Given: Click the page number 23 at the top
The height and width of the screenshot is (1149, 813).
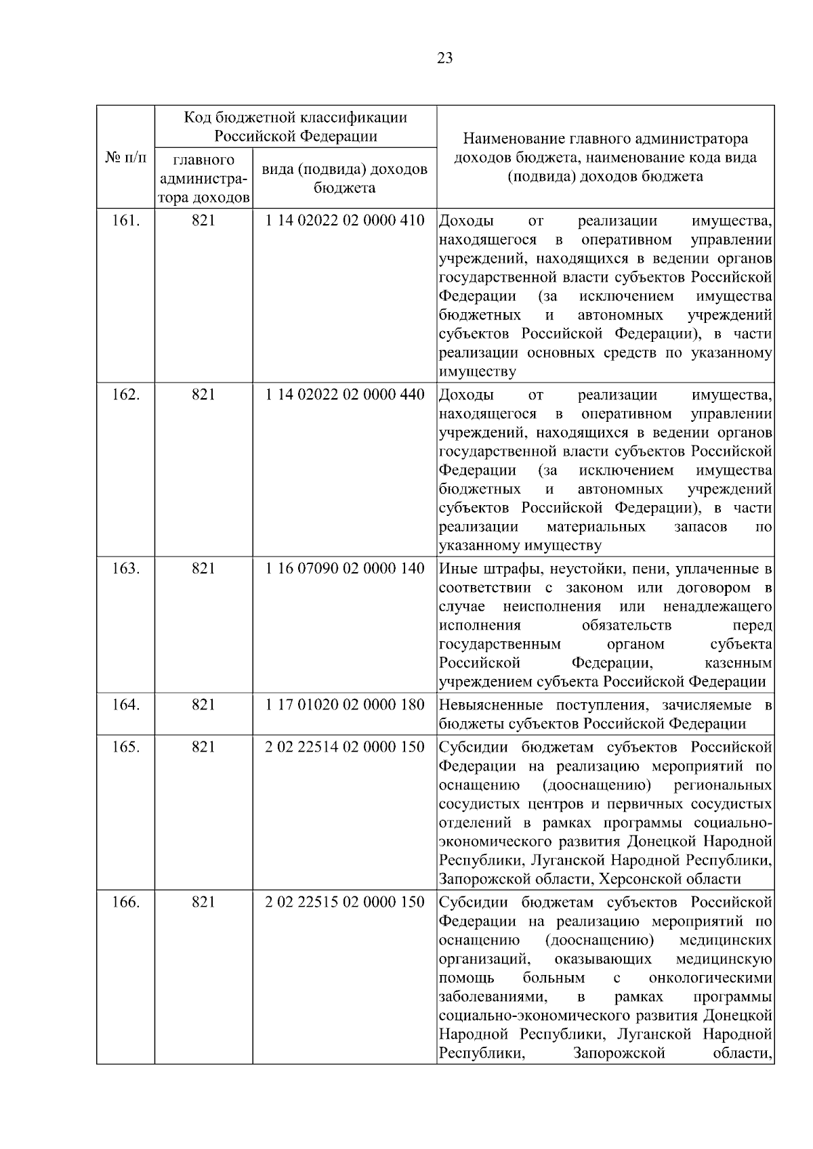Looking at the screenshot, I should coord(444,58).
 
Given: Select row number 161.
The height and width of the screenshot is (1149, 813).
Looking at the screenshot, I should coord(125,221).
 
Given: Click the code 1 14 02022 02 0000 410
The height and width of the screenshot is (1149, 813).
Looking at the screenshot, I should coord(345,221).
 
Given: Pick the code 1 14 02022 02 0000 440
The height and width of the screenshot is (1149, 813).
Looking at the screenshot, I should coord(345,395).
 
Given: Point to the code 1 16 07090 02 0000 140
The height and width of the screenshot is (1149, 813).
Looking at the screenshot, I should coord(345,568).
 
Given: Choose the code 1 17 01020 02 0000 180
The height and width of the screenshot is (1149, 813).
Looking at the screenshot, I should coord(345,705).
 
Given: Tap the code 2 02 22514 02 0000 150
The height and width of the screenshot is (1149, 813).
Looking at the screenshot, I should coord(345,747).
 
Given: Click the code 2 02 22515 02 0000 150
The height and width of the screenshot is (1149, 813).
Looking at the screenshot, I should coord(345,902).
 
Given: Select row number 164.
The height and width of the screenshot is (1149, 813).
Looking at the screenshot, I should coord(125,705).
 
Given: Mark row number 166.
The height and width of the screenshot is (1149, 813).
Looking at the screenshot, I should coord(125,902).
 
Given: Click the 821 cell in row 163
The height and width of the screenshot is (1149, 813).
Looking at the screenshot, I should coord(203,568).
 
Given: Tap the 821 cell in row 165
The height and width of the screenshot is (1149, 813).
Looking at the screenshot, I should coord(203,747).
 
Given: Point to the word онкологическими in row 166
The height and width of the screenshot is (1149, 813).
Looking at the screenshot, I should coord(710,978).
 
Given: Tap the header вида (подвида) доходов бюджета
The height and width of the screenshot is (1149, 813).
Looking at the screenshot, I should coord(345,178).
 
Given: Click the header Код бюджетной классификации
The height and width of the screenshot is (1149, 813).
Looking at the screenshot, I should coord(296,118).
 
